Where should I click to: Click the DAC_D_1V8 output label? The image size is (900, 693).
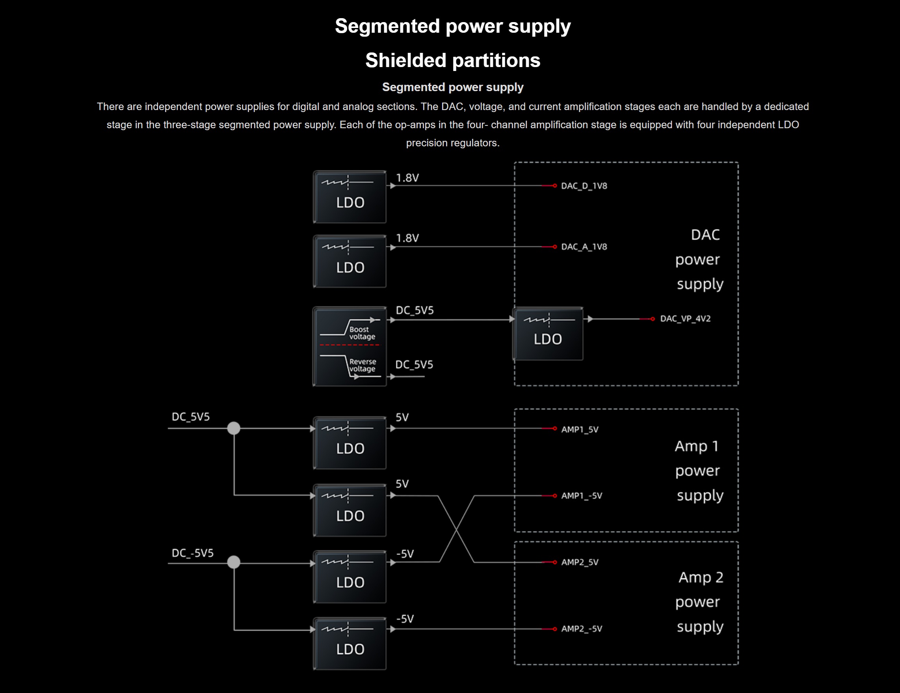pos(584,186)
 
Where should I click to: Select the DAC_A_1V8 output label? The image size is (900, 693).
pos(584,247)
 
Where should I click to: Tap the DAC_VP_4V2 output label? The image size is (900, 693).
pos(685,319)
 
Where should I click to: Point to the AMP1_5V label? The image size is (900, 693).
pos(579,430)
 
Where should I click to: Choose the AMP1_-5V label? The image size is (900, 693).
pos(582,496)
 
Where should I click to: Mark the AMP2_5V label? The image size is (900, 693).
pos(579,562)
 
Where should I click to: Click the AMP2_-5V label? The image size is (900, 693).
pos(582,629)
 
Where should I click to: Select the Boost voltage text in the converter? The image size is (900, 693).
pos(362,333)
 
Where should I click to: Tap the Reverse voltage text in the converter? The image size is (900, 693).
pos(362,365)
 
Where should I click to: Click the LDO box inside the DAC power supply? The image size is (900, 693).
pos(548,334)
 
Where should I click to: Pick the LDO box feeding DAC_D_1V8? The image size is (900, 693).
pos(350,197)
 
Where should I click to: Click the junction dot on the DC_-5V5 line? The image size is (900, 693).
pos(234,562)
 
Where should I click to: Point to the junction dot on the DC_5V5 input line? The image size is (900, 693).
pos(234,429)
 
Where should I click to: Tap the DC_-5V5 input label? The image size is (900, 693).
pos(192,553)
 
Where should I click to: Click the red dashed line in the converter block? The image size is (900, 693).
pos(350,345)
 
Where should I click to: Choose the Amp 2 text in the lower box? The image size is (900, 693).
pos(701,577)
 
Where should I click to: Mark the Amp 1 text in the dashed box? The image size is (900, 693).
pos(696,446)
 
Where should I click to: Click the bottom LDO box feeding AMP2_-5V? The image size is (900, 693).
pos(350,644)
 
